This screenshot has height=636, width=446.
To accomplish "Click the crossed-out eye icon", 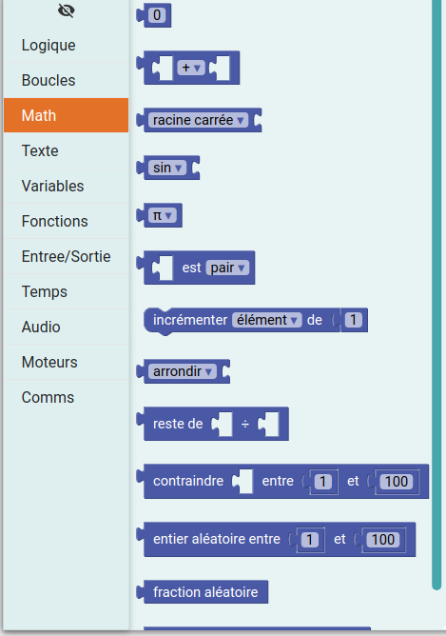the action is click(66, 10).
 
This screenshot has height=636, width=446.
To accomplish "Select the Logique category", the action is click(48, 45).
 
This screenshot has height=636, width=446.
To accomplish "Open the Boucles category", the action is click(48, 80).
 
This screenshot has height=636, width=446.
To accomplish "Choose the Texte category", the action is click(40, 150).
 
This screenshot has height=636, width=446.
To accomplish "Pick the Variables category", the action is click(52, 187).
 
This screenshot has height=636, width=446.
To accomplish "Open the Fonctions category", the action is click(55, 222).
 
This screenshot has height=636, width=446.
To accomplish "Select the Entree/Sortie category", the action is click(66, 257).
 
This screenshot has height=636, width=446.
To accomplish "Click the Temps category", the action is click(45, 292).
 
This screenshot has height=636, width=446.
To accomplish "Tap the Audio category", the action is click(41, 327).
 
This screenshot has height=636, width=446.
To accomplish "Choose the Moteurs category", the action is click(49, 362).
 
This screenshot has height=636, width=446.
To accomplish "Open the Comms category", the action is click(48, 398).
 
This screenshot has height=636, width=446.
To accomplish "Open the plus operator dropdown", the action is click(191, 68).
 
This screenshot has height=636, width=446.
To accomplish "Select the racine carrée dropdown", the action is click(198, 120).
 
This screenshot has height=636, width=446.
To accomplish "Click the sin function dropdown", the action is click(167, 168).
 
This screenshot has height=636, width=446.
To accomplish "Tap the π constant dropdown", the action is click(162, 215).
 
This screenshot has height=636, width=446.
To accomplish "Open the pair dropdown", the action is click(227, 268).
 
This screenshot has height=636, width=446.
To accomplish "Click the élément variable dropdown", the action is click(267, 320).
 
